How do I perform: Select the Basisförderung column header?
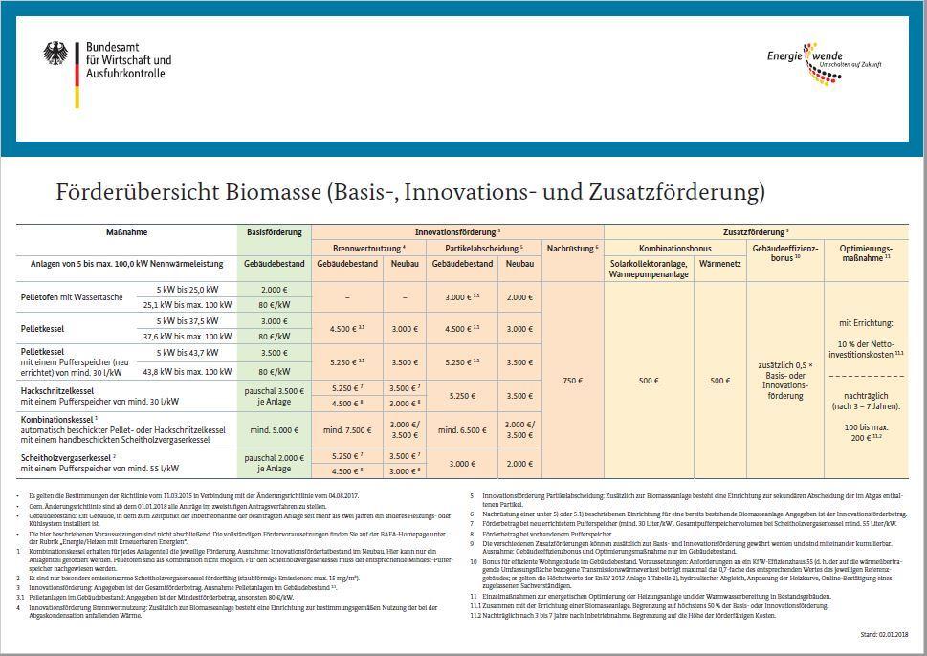274,232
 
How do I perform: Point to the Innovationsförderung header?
456,232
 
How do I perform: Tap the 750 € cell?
571,381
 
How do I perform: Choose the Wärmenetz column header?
720,263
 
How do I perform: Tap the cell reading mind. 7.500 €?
345,430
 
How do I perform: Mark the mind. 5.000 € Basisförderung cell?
274,430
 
